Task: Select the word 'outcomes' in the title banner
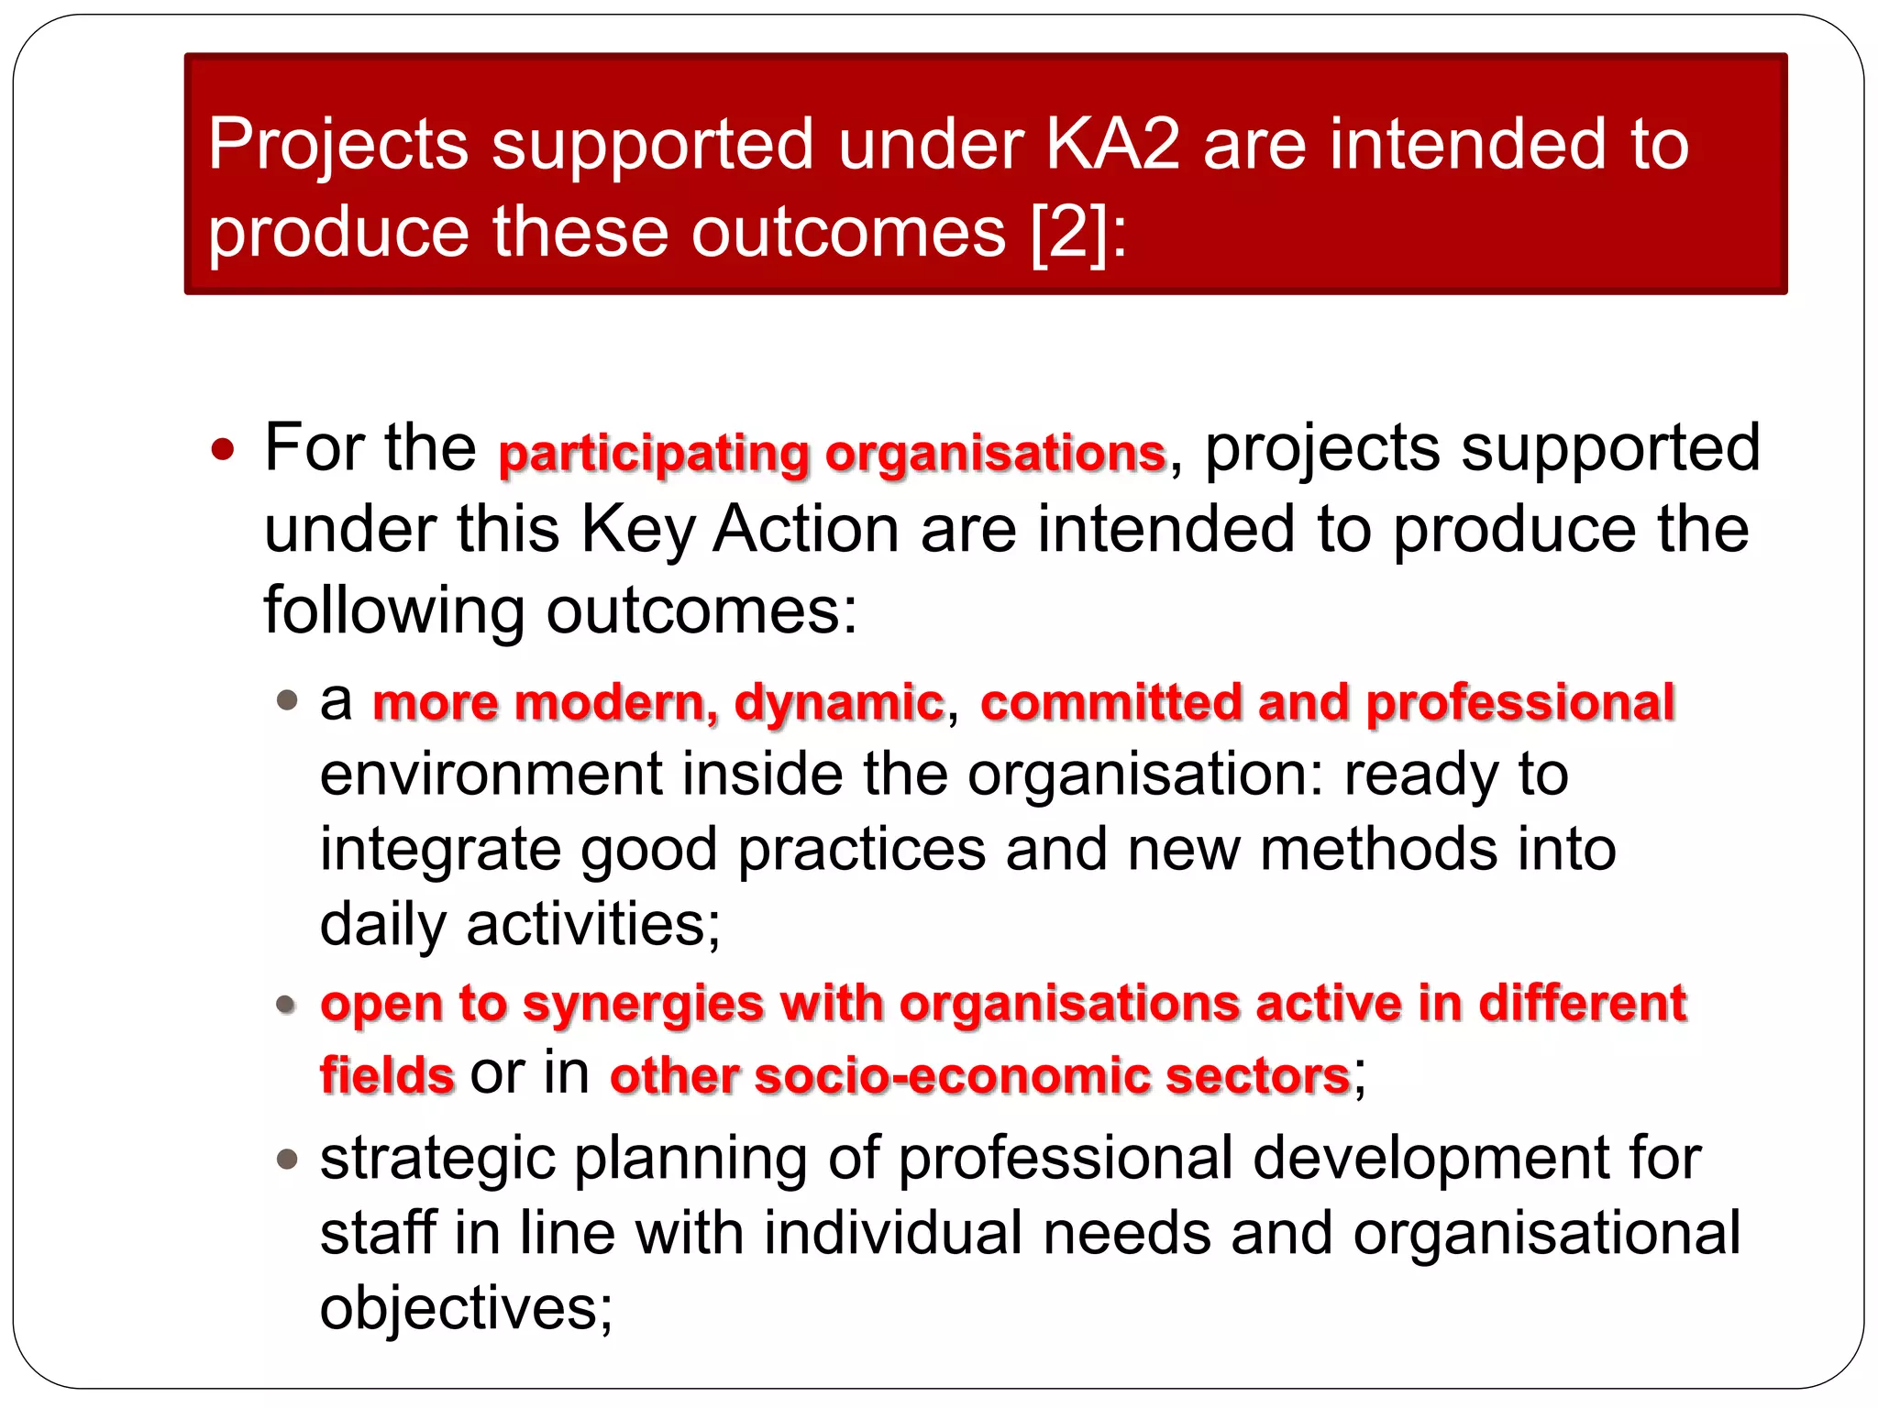click(x=848, y=232)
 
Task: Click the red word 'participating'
click(x=654, y=453)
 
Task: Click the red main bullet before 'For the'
click(x=223, y=450)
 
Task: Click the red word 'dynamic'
click(x=839, y=703)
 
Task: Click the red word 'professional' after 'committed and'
click(x=1520, y=703)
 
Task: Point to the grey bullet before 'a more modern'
click(x=288, y=701)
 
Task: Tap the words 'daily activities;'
click(x=520, y=924)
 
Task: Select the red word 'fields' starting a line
click(x=387, y=1075)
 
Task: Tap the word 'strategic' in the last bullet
click(x=437, y=1159)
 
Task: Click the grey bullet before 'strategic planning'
click(x=288, y=1160)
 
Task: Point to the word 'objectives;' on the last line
click(x=466, y=1307)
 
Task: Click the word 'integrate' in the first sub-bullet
click(x=439, y=851)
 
